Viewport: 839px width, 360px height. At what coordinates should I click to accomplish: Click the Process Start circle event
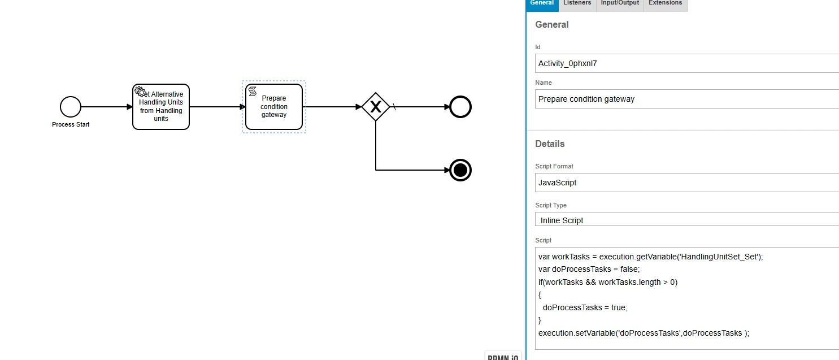(x=71, y=107)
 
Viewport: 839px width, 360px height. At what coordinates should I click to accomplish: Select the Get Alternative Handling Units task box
(x=161, y=107)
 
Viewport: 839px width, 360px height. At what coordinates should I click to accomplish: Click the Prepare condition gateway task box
(x=274, y=107)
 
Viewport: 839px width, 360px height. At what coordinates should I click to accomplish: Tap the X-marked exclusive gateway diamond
(x=376, y=107)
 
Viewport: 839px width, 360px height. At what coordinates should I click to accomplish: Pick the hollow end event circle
(x=460, y=107)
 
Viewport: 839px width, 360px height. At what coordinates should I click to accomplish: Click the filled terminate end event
(x=460, y=170)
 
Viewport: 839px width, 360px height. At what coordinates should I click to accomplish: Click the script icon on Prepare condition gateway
(x=253, y=91)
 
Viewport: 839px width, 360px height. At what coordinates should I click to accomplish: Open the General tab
(x=542, y=3)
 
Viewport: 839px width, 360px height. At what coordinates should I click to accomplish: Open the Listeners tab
(x=577, y=3)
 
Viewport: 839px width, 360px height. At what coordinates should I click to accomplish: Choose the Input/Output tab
(x=620, y=3)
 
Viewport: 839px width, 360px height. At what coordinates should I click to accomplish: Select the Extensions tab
(x=665, y=3)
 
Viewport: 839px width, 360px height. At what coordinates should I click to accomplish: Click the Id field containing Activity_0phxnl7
(x=686, y=63)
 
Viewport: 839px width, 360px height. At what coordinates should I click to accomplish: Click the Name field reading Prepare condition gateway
(x=686, y=99)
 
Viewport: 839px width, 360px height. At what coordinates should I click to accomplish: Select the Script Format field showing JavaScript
(x=686, y=183)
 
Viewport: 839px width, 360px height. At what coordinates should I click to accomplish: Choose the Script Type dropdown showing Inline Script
(x=686, y=220)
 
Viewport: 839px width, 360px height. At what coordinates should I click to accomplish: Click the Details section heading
(x=550, y=144)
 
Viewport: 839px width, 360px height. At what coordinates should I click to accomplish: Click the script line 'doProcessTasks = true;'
(x=585, y=307)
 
